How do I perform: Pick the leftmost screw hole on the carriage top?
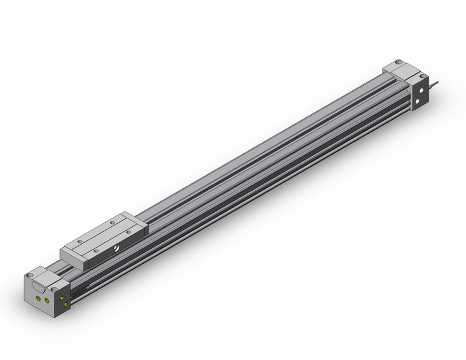pyautogui.click(x=75, y=243)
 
